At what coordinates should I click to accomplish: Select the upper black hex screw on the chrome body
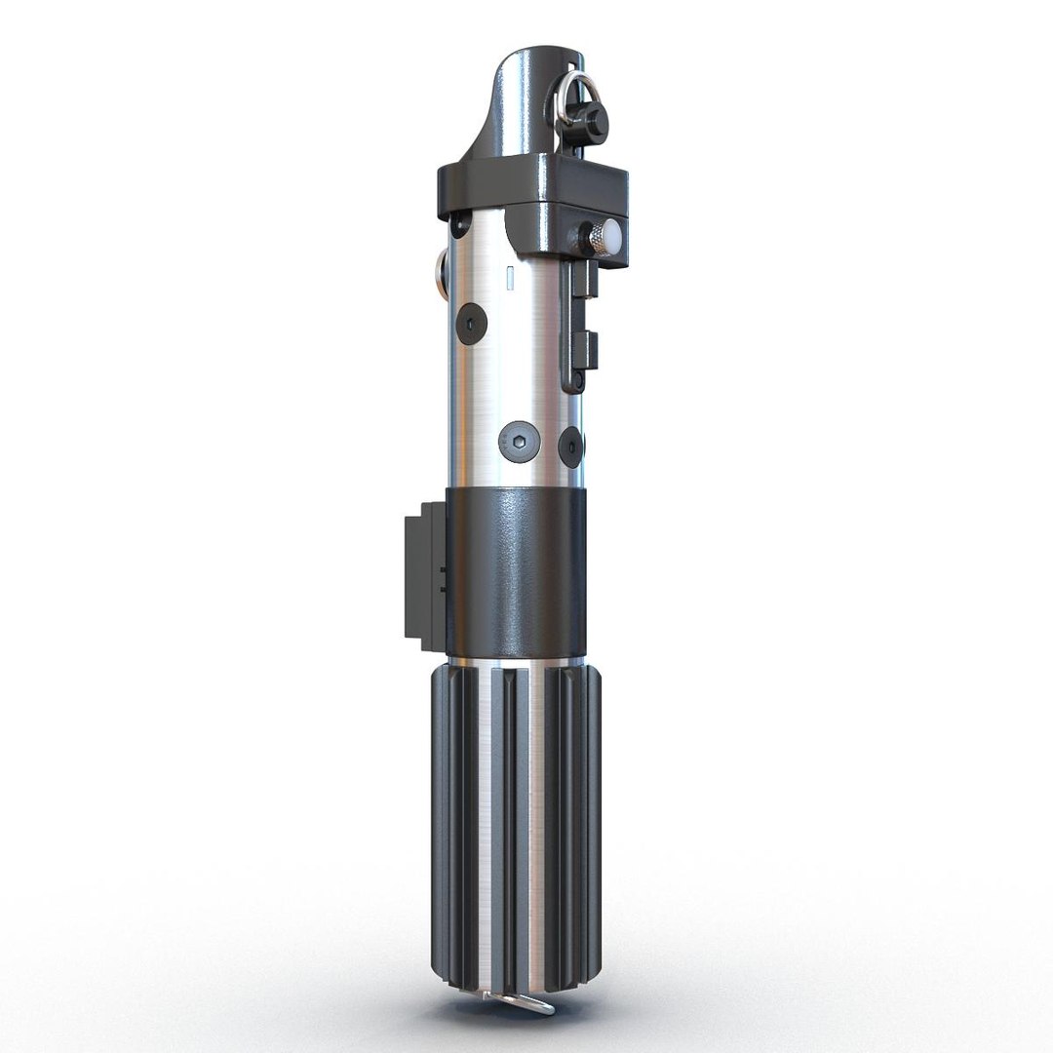[x=473, y=323]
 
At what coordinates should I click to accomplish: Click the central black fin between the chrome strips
[x=516, y=829]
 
